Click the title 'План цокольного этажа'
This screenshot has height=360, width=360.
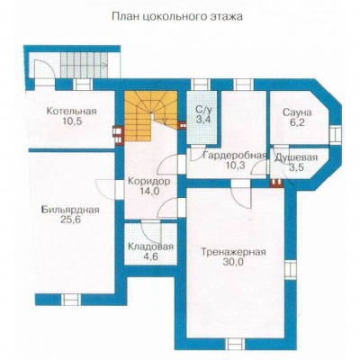point(177,16)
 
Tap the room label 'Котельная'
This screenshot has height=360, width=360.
point(71,112)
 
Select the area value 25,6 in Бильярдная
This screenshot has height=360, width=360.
point(70,220)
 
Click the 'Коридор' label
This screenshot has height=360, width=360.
point(148,181)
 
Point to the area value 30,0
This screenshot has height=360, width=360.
point(233,262)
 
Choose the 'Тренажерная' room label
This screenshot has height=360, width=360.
point(233,252)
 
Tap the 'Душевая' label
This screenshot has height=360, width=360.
point(296,157)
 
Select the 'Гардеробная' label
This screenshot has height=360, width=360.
point(235,156)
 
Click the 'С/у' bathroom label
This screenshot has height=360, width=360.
point(203,110)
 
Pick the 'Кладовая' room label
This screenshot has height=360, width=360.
point(150,247)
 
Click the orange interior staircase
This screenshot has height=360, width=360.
point(150,117)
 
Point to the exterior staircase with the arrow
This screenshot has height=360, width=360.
point(85,64)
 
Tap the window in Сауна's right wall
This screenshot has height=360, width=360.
point(335,134)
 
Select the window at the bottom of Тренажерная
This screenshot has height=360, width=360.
point(235,344)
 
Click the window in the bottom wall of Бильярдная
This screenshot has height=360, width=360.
point(71,299)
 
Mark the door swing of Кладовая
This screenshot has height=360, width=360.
point(152,232)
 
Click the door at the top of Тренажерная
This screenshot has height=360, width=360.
point(241,193)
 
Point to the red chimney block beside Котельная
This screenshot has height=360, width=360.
point(118,135)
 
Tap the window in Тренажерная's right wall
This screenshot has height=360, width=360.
point(291,270)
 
